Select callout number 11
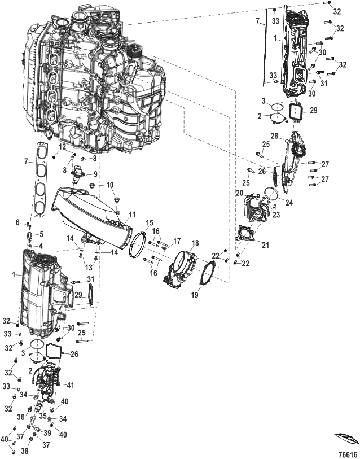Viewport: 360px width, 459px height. (132, 215)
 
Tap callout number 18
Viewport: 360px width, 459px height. (195, 243)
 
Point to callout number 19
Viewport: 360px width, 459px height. (195, 295)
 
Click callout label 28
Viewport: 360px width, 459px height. (274, 137)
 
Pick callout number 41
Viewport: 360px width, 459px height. (71, 385)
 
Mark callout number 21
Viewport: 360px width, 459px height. (265, 244)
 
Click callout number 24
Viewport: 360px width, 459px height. (289, 202)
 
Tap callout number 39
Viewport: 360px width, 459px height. (47, 433)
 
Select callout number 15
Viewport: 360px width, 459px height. (150, 222)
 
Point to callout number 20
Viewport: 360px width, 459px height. (240, 193)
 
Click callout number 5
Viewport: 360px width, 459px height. (41, 234)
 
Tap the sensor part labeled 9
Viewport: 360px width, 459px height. (77, 174)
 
